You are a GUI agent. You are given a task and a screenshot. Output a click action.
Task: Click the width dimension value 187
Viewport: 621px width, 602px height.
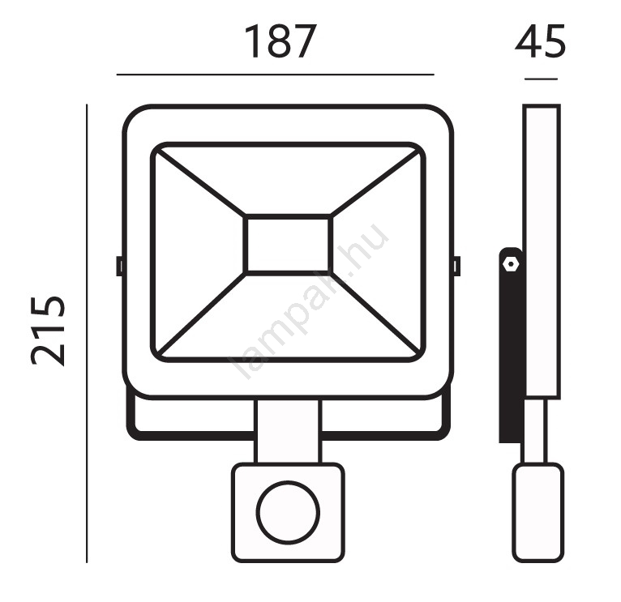[x=281, y=41]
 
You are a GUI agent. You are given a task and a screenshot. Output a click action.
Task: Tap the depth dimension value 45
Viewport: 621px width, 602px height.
[x=540, y=41]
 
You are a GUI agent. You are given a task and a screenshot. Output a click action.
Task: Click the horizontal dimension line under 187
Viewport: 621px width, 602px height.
[x=276, y=74]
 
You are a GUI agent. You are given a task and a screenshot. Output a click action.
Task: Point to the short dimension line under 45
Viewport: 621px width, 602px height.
[x=541, y=79]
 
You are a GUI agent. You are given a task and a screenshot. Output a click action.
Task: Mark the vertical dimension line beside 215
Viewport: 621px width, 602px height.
[x=87, y=333]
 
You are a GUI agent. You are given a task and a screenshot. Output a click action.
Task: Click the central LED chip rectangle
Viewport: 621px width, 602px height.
[x=288, y=245]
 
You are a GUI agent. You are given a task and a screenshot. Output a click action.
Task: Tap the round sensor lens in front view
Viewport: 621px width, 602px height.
[x=288, y=513]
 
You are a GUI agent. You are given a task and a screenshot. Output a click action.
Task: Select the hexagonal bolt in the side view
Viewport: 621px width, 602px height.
[x=510, y=263]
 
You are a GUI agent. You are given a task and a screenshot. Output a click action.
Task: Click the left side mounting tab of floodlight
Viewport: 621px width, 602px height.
[x=119, y=266]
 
